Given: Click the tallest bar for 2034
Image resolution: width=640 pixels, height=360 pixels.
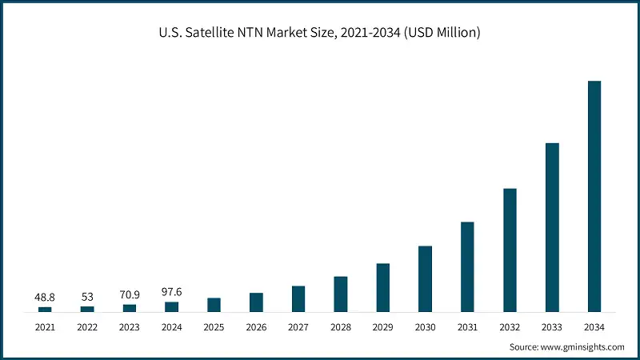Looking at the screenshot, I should point(594,196).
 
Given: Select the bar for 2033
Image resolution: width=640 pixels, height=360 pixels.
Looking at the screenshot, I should point(552,227).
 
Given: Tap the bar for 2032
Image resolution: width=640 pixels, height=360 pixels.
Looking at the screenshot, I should point(510,250).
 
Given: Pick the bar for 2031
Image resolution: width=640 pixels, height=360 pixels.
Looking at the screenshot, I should point(467,266).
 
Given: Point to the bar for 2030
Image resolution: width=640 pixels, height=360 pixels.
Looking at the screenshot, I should point(425,278).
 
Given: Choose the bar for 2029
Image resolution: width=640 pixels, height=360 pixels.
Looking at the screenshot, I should point(382,287).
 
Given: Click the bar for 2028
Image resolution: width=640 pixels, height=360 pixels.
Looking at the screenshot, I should point(341,294).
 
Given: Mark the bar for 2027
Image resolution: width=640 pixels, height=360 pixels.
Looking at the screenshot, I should point(298,298).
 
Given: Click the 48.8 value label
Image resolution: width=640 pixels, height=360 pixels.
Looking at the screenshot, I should point(45,298).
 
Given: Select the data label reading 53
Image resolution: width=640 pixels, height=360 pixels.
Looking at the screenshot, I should point(87,298).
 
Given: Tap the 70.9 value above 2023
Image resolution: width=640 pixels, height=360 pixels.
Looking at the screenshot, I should point(130,294).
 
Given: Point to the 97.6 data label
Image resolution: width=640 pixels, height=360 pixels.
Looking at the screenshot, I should point(172,293).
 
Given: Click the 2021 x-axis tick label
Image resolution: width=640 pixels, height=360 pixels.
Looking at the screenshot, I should point(45,327).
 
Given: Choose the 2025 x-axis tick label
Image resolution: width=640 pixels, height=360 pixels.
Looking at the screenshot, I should point(214,327).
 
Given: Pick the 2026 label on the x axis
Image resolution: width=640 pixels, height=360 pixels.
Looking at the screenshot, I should point(256,327).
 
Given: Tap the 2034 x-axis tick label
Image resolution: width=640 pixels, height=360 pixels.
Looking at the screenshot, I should point(594,327).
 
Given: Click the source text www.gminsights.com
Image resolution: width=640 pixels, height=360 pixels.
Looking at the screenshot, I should point(582,347).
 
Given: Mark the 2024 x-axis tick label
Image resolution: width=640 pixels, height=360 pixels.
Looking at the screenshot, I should point(172,327).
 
